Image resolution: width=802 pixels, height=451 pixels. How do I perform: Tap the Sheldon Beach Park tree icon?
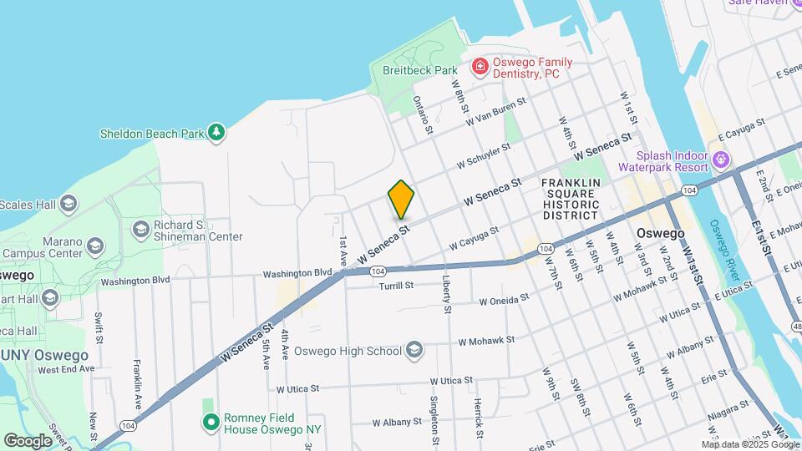coord(217,132)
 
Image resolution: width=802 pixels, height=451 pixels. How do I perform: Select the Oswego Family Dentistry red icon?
coord(480,66)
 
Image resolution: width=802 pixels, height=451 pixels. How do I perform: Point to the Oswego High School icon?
coord(414,351)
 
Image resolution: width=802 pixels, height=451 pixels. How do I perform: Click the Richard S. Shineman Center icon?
coord(140,228)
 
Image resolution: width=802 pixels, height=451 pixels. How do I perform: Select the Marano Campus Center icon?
coord(95,246)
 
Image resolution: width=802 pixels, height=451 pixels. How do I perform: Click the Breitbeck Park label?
coord(419,70)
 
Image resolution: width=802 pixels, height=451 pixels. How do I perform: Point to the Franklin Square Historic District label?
coord(571,199)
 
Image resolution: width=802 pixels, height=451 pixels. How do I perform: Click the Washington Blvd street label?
coord(297,273)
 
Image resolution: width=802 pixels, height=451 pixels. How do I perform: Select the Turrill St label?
coord(397,286)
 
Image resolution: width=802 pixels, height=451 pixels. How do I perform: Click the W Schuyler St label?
coord(484,155)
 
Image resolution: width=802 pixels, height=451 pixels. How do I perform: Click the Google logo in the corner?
coord(28,440)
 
